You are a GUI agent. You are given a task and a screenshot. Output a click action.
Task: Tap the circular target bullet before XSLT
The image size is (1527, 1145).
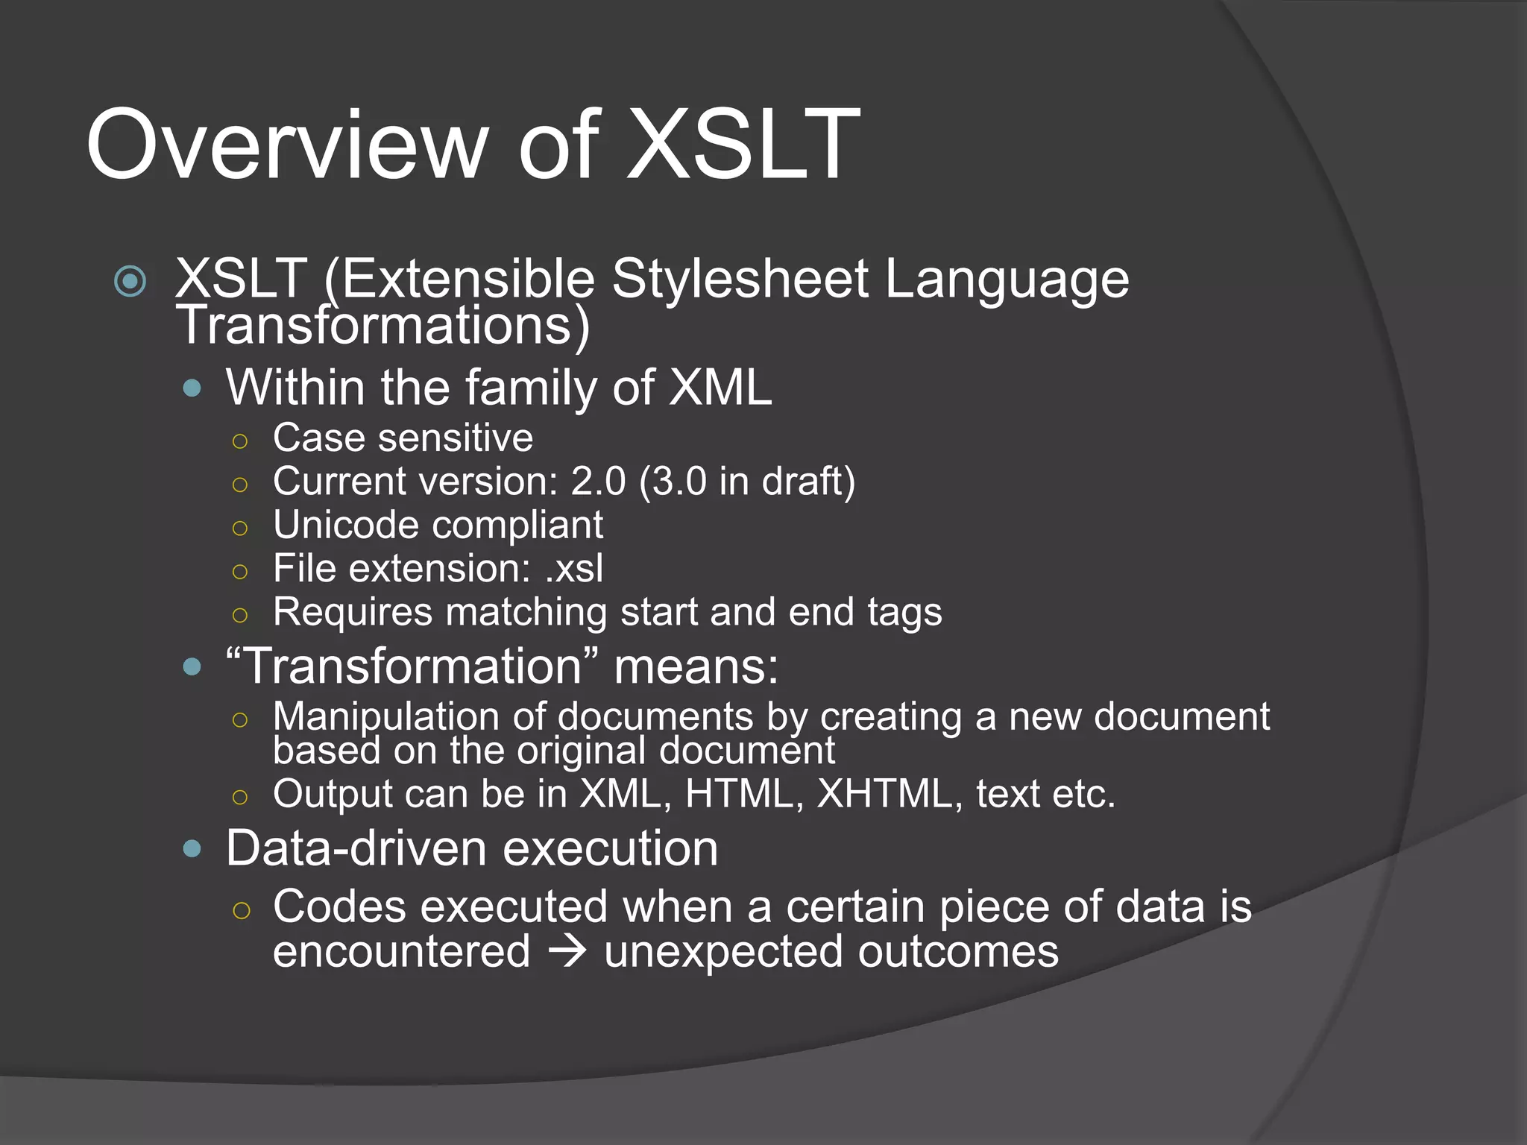click(x=130, y=281)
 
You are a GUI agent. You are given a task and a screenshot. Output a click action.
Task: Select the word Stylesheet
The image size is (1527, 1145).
click(x=740, y=279)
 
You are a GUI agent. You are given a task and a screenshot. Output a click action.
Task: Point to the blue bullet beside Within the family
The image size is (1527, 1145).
click(x=192, y=388)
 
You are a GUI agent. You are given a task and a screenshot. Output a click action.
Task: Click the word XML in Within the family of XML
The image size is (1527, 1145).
click(x=720, y=388)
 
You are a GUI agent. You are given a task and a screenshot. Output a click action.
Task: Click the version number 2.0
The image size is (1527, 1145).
click(x=598, y=481)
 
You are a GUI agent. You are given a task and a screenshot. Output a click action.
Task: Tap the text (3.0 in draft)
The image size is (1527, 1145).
click(x=746, y=481)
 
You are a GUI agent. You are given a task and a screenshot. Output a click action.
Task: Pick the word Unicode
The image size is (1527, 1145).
click(x=346, y=525)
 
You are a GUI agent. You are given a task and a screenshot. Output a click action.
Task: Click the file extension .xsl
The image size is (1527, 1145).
click(x=573, y=569)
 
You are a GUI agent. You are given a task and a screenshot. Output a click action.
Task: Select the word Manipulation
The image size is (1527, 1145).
click(x=385, y=716)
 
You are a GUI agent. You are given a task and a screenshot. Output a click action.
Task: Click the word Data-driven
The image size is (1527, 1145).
click(x=357, y=848)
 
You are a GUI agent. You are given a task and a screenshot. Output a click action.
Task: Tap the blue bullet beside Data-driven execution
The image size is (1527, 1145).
click(x=192, y=848)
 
